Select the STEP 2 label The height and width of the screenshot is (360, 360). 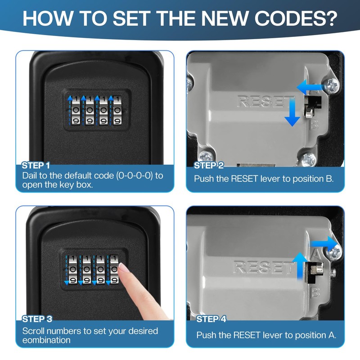tap(209, 166)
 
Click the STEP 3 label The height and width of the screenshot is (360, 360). tap(37, 319)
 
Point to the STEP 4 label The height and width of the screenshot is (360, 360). tap(211, 319)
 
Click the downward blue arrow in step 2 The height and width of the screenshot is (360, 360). tap(292, 114)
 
